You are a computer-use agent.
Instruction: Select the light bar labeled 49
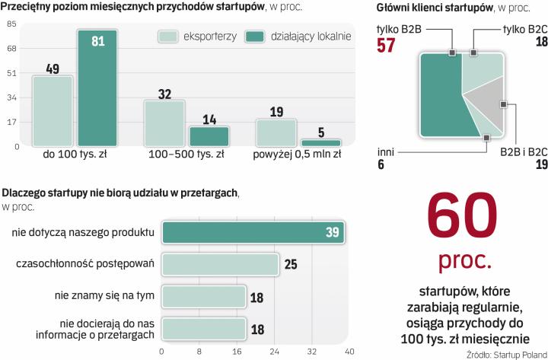click(x=53, y=110)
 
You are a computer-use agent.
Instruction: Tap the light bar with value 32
click(x=164, y=123)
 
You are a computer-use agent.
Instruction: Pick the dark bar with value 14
click(x=209, y=136)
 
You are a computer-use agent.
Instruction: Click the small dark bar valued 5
click(x=321, y=142)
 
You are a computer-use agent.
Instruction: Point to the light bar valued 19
click(x=276, y=132)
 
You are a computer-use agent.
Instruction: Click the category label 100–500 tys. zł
click(x=186, y=155)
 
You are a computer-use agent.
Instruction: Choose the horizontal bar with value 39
click(x=253, y=232)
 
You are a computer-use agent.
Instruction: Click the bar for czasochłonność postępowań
click(x=220, y=264)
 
